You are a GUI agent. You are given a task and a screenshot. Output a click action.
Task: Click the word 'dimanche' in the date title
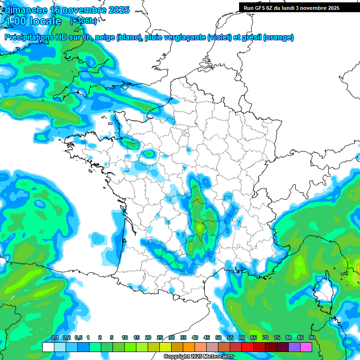pos(25,10)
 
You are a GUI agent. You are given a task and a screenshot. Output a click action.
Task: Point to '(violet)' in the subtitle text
pos(220,37)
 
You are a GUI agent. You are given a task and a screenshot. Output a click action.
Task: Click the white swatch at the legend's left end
pos(48,347)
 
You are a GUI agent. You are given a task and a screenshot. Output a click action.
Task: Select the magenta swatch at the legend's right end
pos(306,347)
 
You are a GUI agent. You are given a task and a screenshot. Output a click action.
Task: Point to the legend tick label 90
pos(312,337)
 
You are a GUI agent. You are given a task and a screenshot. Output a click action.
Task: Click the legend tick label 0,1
pos(54,337)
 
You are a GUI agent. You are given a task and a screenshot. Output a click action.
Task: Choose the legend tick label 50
pos(218,337)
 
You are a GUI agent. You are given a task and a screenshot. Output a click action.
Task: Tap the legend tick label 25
pos(160,337)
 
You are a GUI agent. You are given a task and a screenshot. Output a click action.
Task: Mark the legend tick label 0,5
pos(78,337)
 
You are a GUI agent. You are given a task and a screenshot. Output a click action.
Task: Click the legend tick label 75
pos(277,337)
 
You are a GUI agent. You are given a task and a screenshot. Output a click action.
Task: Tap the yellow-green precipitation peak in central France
pos(200,227)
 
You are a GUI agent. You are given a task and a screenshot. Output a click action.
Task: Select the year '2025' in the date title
pos(119,10)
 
